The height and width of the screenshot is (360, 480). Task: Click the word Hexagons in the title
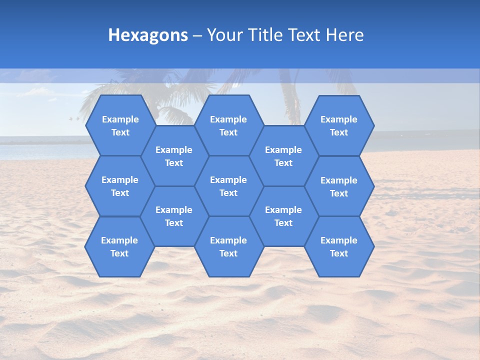pyautogui.click(x=148, y=35)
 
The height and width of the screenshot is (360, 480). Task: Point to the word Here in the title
pyautogui.click(x=344, y=35)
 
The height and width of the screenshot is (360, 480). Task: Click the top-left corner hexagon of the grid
pyautogui.click(x=120, y=125)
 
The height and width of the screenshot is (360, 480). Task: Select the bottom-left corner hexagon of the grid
pyautogui.click(x=119, y=246)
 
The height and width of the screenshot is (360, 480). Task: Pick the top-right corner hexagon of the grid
pyautogui.click(x=339, y=125)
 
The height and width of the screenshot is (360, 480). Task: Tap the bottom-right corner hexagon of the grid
pyautogui.click(x=339, y=246)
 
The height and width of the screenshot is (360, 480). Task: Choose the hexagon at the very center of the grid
pyautogui.click(x=228, y=186)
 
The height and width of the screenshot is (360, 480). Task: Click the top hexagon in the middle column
pyautogui.click(x=228, y=125)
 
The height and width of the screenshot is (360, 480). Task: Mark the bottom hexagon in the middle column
pyautogui.click(x=228, y=246)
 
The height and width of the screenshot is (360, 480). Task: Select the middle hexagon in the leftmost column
pyautogui.click(x=120, y=186)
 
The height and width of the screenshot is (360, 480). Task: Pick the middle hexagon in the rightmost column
pyautogui.click(x=339, y=186)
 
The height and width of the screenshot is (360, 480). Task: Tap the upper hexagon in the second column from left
pyautogui.click(x=174, y=156)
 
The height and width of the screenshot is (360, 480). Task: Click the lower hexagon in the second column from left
pyautogui.click(x=174, y=216)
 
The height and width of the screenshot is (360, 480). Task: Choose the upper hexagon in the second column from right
pyautogui.click(x=283, y=156)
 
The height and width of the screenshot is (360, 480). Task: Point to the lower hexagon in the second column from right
pyautogui.click(x=283, y=216)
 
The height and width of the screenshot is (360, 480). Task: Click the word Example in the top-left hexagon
pyautogui.click(x=120, y=119)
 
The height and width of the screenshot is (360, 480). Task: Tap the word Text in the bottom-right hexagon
pyautogui.click(x=339, y=253)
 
